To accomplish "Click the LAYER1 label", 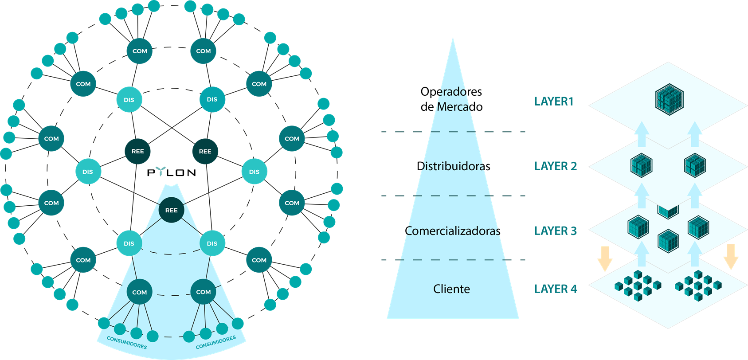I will (x=554, y=102).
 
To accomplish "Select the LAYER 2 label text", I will (x=555, y=166).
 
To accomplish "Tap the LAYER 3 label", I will (x=555, y=231).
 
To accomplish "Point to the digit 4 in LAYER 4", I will (x=574, y=289).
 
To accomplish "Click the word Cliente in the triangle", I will (x=451, y=289).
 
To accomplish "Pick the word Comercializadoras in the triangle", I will (x=452, y=231).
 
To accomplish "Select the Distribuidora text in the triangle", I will (x=452, y=166).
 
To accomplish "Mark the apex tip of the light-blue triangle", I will (x=453, y=39).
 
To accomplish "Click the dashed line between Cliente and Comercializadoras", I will (x=453, y=260).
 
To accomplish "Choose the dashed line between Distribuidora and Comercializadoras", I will (x=453, y=196).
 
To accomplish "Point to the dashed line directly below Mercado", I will (x=453, y=132).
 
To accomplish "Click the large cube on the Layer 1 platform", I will (x=669, y=99).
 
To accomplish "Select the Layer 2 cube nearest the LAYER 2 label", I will (x=641, y=165).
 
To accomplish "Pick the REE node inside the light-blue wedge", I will (x=171, y=210).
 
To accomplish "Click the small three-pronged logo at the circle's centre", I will (x=161, y=171).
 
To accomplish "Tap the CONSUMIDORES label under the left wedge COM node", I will (x=127, y=342).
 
